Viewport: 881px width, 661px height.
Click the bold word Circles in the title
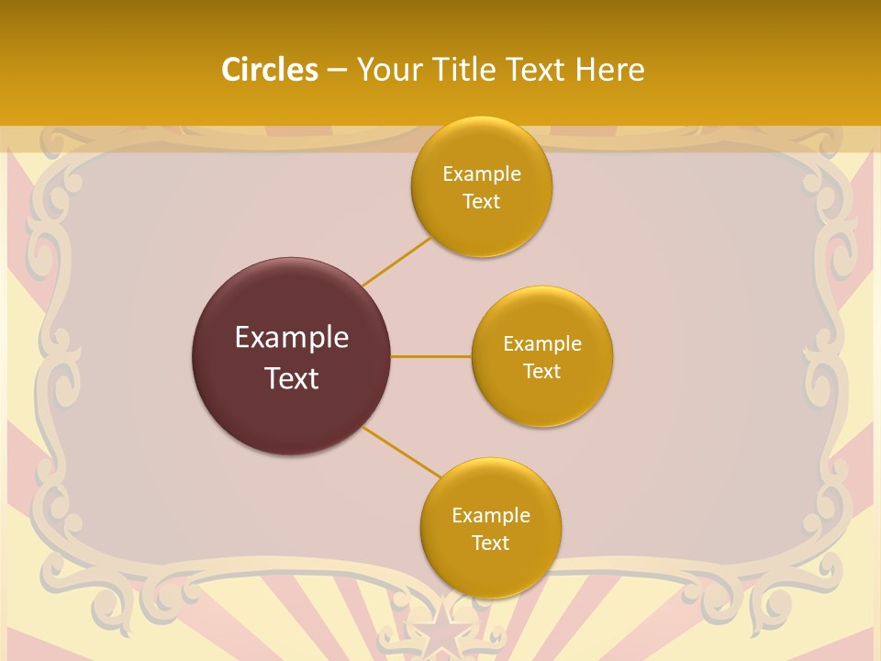[x=270, y=70]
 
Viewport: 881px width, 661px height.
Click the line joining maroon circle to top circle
[x=396, y=261]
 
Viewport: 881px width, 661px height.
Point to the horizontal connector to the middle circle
[x=430, y=356]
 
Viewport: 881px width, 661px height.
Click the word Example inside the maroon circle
[x=292, y=338]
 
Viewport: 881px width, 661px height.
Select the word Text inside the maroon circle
[x=292, y=378]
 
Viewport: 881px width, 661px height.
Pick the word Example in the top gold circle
[x=482, y=174]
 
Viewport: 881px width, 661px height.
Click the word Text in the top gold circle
[x=481, y=202]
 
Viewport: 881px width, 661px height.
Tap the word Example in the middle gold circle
[x=542, y=344]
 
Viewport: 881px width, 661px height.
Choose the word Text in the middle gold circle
[x=541, y=372]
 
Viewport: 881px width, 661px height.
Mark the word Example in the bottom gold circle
[x=491, y=516]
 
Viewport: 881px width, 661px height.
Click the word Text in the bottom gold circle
[x=490, y=543]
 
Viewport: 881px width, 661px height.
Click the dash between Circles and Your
[x=337, y=71]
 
